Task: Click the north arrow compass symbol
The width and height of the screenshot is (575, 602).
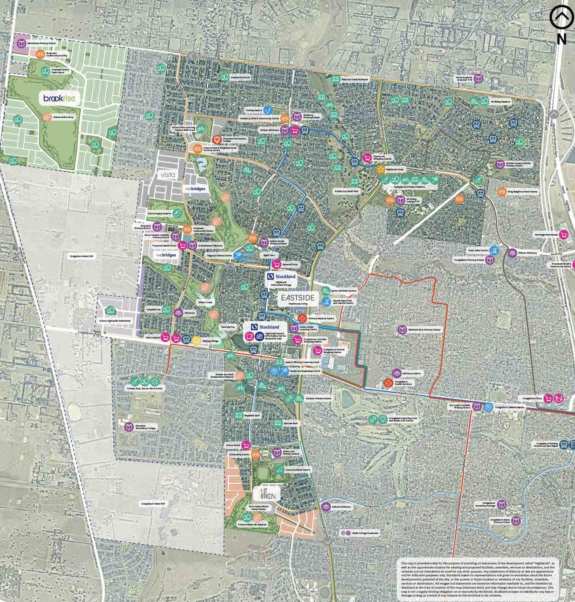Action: point(561,17)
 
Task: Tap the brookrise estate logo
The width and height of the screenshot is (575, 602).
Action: point(60,99)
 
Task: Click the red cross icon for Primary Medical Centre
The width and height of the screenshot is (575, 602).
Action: point(302,318)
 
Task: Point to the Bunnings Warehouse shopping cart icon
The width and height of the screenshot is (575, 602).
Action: point(564,235)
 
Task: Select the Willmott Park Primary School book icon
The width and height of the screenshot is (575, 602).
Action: point(402,330)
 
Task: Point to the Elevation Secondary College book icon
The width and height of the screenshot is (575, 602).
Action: point(129,426)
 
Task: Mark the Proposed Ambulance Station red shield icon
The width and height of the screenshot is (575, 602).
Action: point(217,140)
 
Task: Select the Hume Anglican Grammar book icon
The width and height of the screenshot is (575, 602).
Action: point(479,78)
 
